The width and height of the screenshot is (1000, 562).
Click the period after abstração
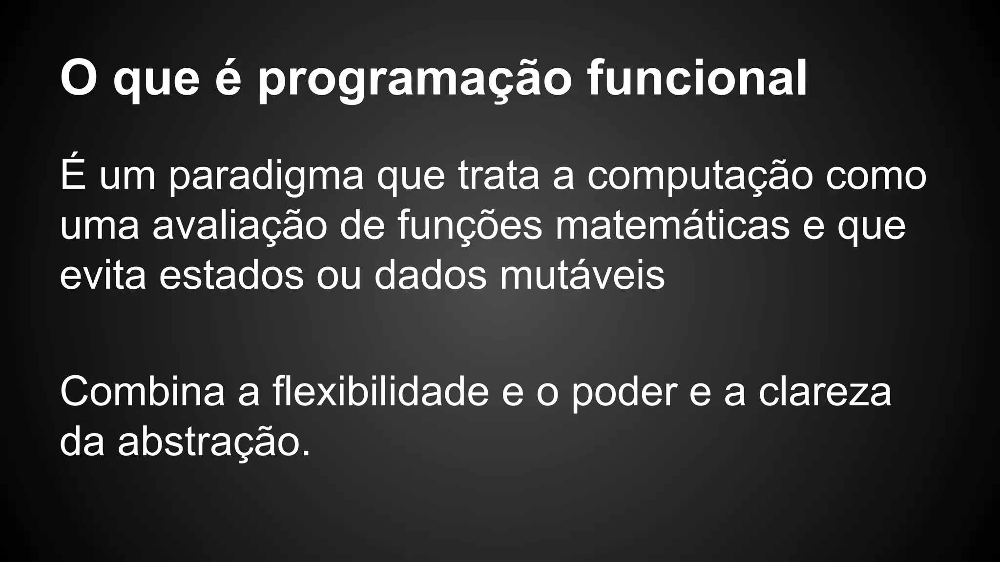click(306, 454)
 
